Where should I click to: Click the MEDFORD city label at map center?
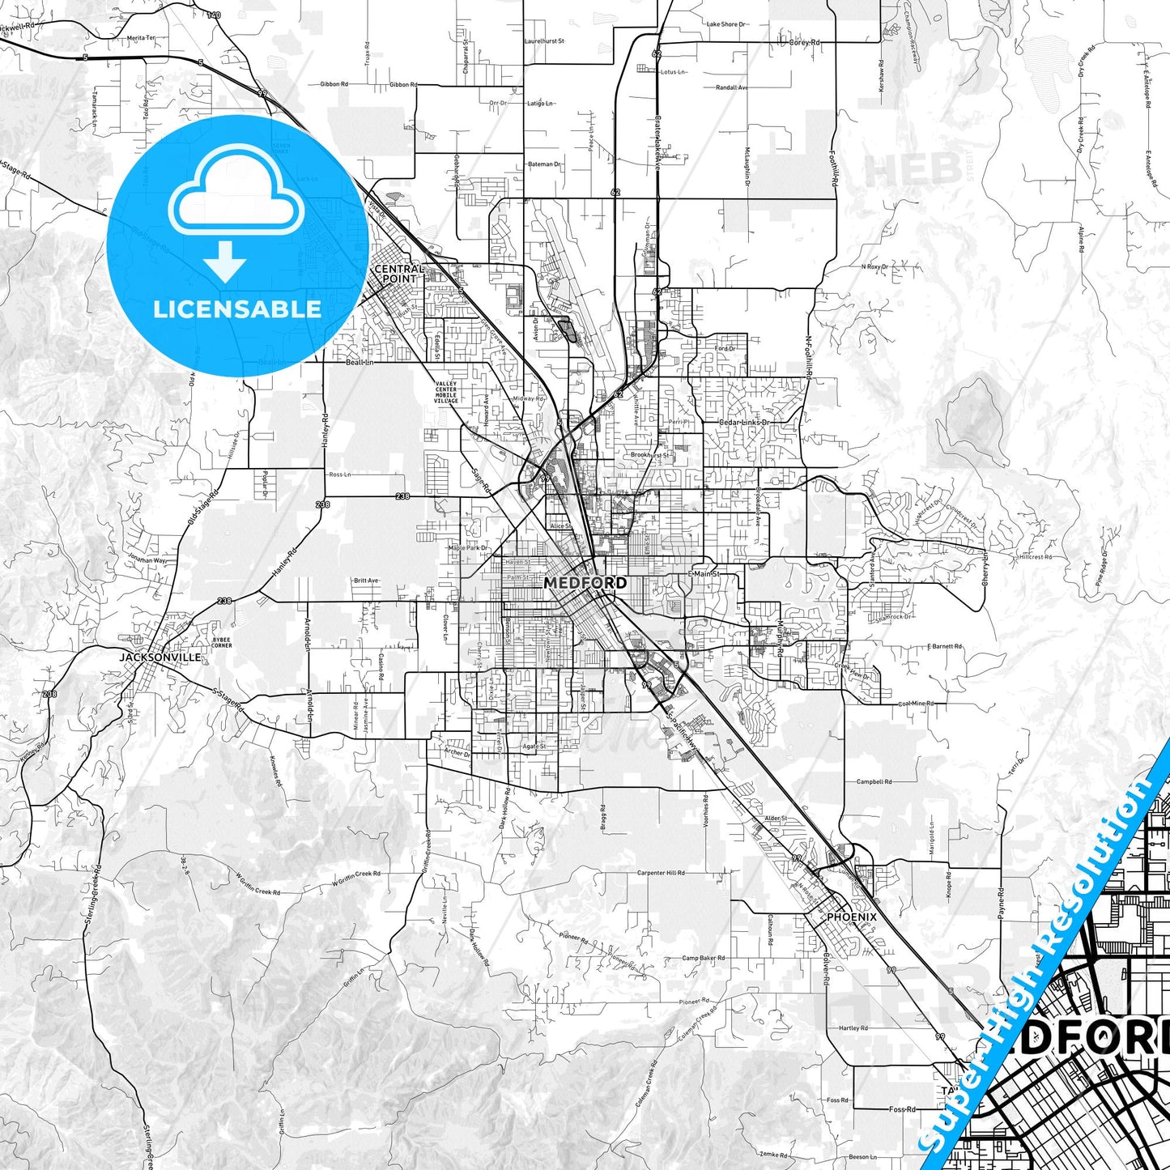point(585,583)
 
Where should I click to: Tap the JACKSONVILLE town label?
point(160,657)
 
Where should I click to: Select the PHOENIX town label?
point(851,917)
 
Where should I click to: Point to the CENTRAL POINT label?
point(398,274)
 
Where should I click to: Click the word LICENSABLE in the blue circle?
point(237,309)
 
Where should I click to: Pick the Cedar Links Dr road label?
point(744,423)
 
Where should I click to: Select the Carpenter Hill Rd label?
point(661,873)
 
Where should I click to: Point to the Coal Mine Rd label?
point(916,704)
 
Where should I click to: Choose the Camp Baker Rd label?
point(703,958)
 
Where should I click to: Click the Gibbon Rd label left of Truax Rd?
point(334,84)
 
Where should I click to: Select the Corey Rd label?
point(804,42)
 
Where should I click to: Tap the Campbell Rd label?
point(874,782)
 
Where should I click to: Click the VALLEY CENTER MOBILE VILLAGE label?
point(445,393)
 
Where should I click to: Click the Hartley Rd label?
point(853,1028)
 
